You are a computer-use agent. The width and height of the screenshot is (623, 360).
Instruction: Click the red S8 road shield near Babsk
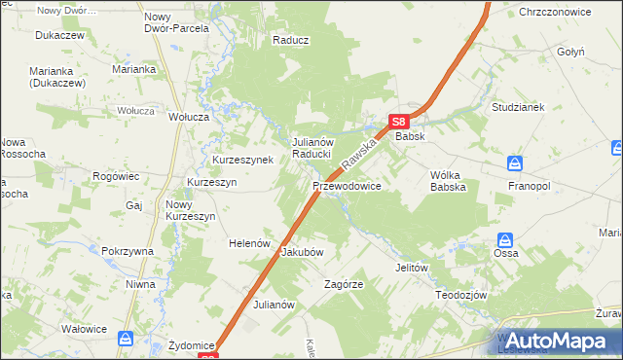[x=397, y=122]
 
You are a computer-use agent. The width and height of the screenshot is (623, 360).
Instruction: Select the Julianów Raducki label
[x=313, y=148]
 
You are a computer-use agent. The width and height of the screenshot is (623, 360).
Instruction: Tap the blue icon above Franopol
[x=516, y=163]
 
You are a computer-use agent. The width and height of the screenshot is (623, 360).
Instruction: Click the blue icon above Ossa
[x=505, y=239]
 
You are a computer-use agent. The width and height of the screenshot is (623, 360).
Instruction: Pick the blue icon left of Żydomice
[x=126, y=338]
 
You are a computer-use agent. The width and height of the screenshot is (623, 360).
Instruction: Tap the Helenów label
[x=248, y=243]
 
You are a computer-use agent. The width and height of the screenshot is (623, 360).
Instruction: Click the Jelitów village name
[x=412, y=267]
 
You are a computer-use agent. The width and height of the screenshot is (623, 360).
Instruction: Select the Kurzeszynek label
[x=242, y=160]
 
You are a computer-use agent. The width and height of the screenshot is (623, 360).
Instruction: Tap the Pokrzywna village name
[x=128, y=251]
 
